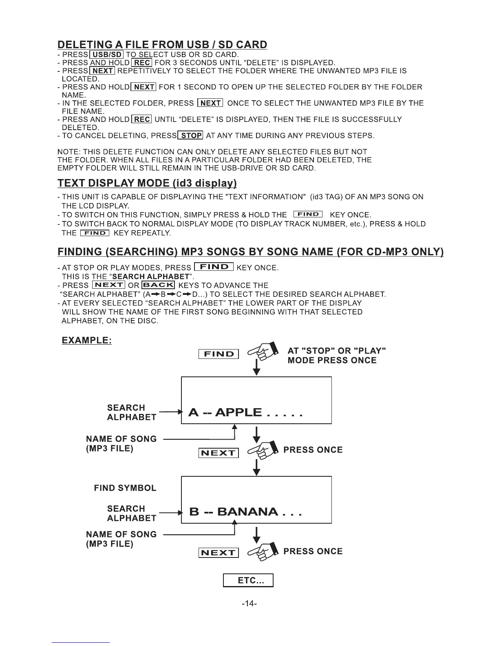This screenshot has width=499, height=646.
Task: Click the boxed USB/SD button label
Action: [x=106, y=55]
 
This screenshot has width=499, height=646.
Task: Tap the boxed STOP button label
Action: [x=191, y=135]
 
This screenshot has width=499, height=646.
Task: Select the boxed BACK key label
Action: [x=159, y=285]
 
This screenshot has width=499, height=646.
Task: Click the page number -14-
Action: [x=249, y=603]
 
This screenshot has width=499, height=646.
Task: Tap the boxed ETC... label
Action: [x=248, y=580]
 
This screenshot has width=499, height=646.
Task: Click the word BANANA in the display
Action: [x=248, y=512]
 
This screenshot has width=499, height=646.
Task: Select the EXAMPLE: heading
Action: [x=87, y=340]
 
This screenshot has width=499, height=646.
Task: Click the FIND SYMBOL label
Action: [x=125, y=488]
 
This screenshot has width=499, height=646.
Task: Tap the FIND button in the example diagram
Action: [x=219, y=354]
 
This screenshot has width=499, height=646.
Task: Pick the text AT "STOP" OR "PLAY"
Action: [x=337, y=351]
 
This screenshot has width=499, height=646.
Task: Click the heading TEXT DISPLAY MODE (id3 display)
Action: [x=147, y=183]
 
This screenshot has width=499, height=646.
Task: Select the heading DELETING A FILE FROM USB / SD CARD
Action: [x=162, y=44]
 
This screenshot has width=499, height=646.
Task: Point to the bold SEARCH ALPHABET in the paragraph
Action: [x=150, y=276]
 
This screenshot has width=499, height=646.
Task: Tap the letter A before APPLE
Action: [x=194, y=412]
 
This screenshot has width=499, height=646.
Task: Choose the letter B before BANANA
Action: [x=194, y=512]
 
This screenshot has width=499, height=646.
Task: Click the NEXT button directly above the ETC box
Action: [x=219, y=553]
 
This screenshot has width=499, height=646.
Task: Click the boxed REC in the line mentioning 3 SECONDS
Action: [x=142, y=63]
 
